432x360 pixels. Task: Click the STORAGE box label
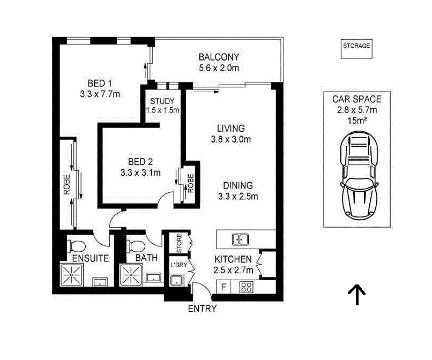click(x=356, y=46)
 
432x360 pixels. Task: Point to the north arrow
click(x=356, y=294)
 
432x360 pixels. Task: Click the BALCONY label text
click(x=219, y=57)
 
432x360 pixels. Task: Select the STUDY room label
click(x=162, y=101)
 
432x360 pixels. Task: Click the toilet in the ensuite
click(x=78, y=246)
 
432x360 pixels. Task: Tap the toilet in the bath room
click(x=136, y=246)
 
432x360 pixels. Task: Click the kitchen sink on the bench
click(x=239, y=239)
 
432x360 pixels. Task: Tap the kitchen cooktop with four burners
click(x=246, y=287)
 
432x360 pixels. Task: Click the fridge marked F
click(x=223, y=287)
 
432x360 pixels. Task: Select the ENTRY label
click(x=203, y=309)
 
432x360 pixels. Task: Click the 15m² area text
click(x=356, y=121)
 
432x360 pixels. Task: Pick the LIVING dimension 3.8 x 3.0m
click(x=231, y=139)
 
